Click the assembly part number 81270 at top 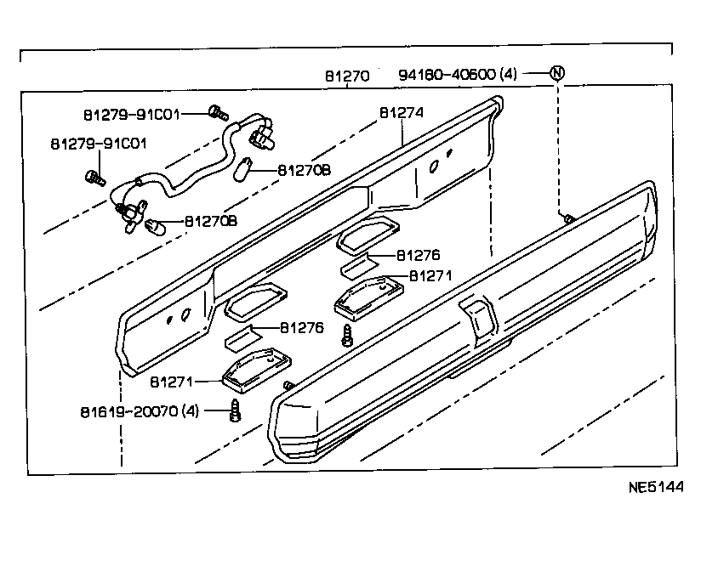coord(346,75)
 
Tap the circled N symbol coord(556,72)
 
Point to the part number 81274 coord(402,112)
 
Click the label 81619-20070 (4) coord(140,411)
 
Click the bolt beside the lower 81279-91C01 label coord(94,177)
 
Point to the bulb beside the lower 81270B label coord(154,225)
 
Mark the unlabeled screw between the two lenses coord(346,334)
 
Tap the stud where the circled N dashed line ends coord(565,218)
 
